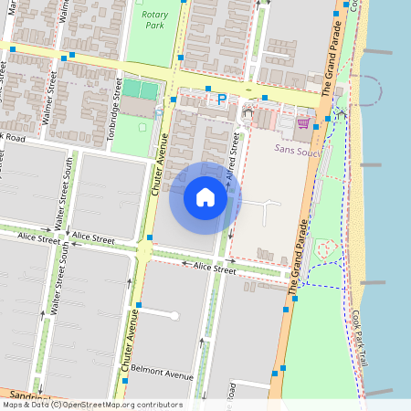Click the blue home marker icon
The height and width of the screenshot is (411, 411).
click(x=205, y=197)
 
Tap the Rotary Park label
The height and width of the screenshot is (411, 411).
click(x=150, y=19)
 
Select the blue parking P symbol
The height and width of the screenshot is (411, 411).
click(x=220, y=99)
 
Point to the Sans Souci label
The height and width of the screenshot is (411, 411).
click(x=296, y=146)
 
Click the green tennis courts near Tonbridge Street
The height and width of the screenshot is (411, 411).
click(x=141, y=90)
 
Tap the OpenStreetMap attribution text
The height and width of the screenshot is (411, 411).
click(x=91, y=405)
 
